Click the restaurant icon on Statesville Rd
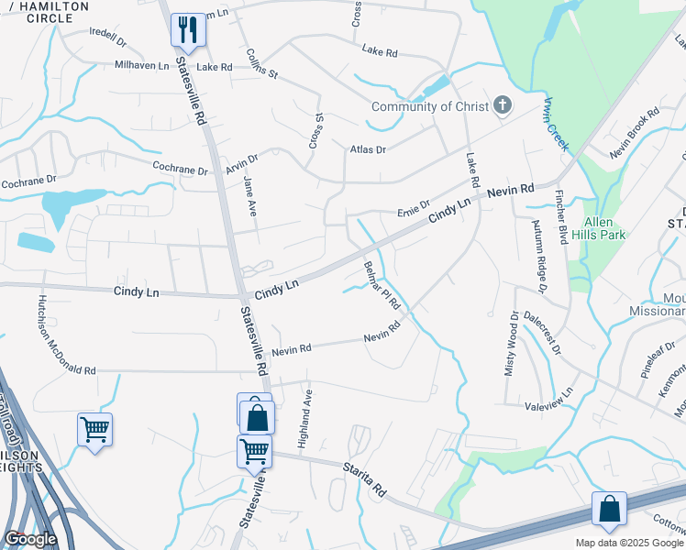188,30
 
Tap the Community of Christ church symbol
502,106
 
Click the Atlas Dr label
368,148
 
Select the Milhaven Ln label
142,66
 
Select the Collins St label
262,62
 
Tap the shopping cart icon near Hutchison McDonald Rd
95,430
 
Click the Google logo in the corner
29,539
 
